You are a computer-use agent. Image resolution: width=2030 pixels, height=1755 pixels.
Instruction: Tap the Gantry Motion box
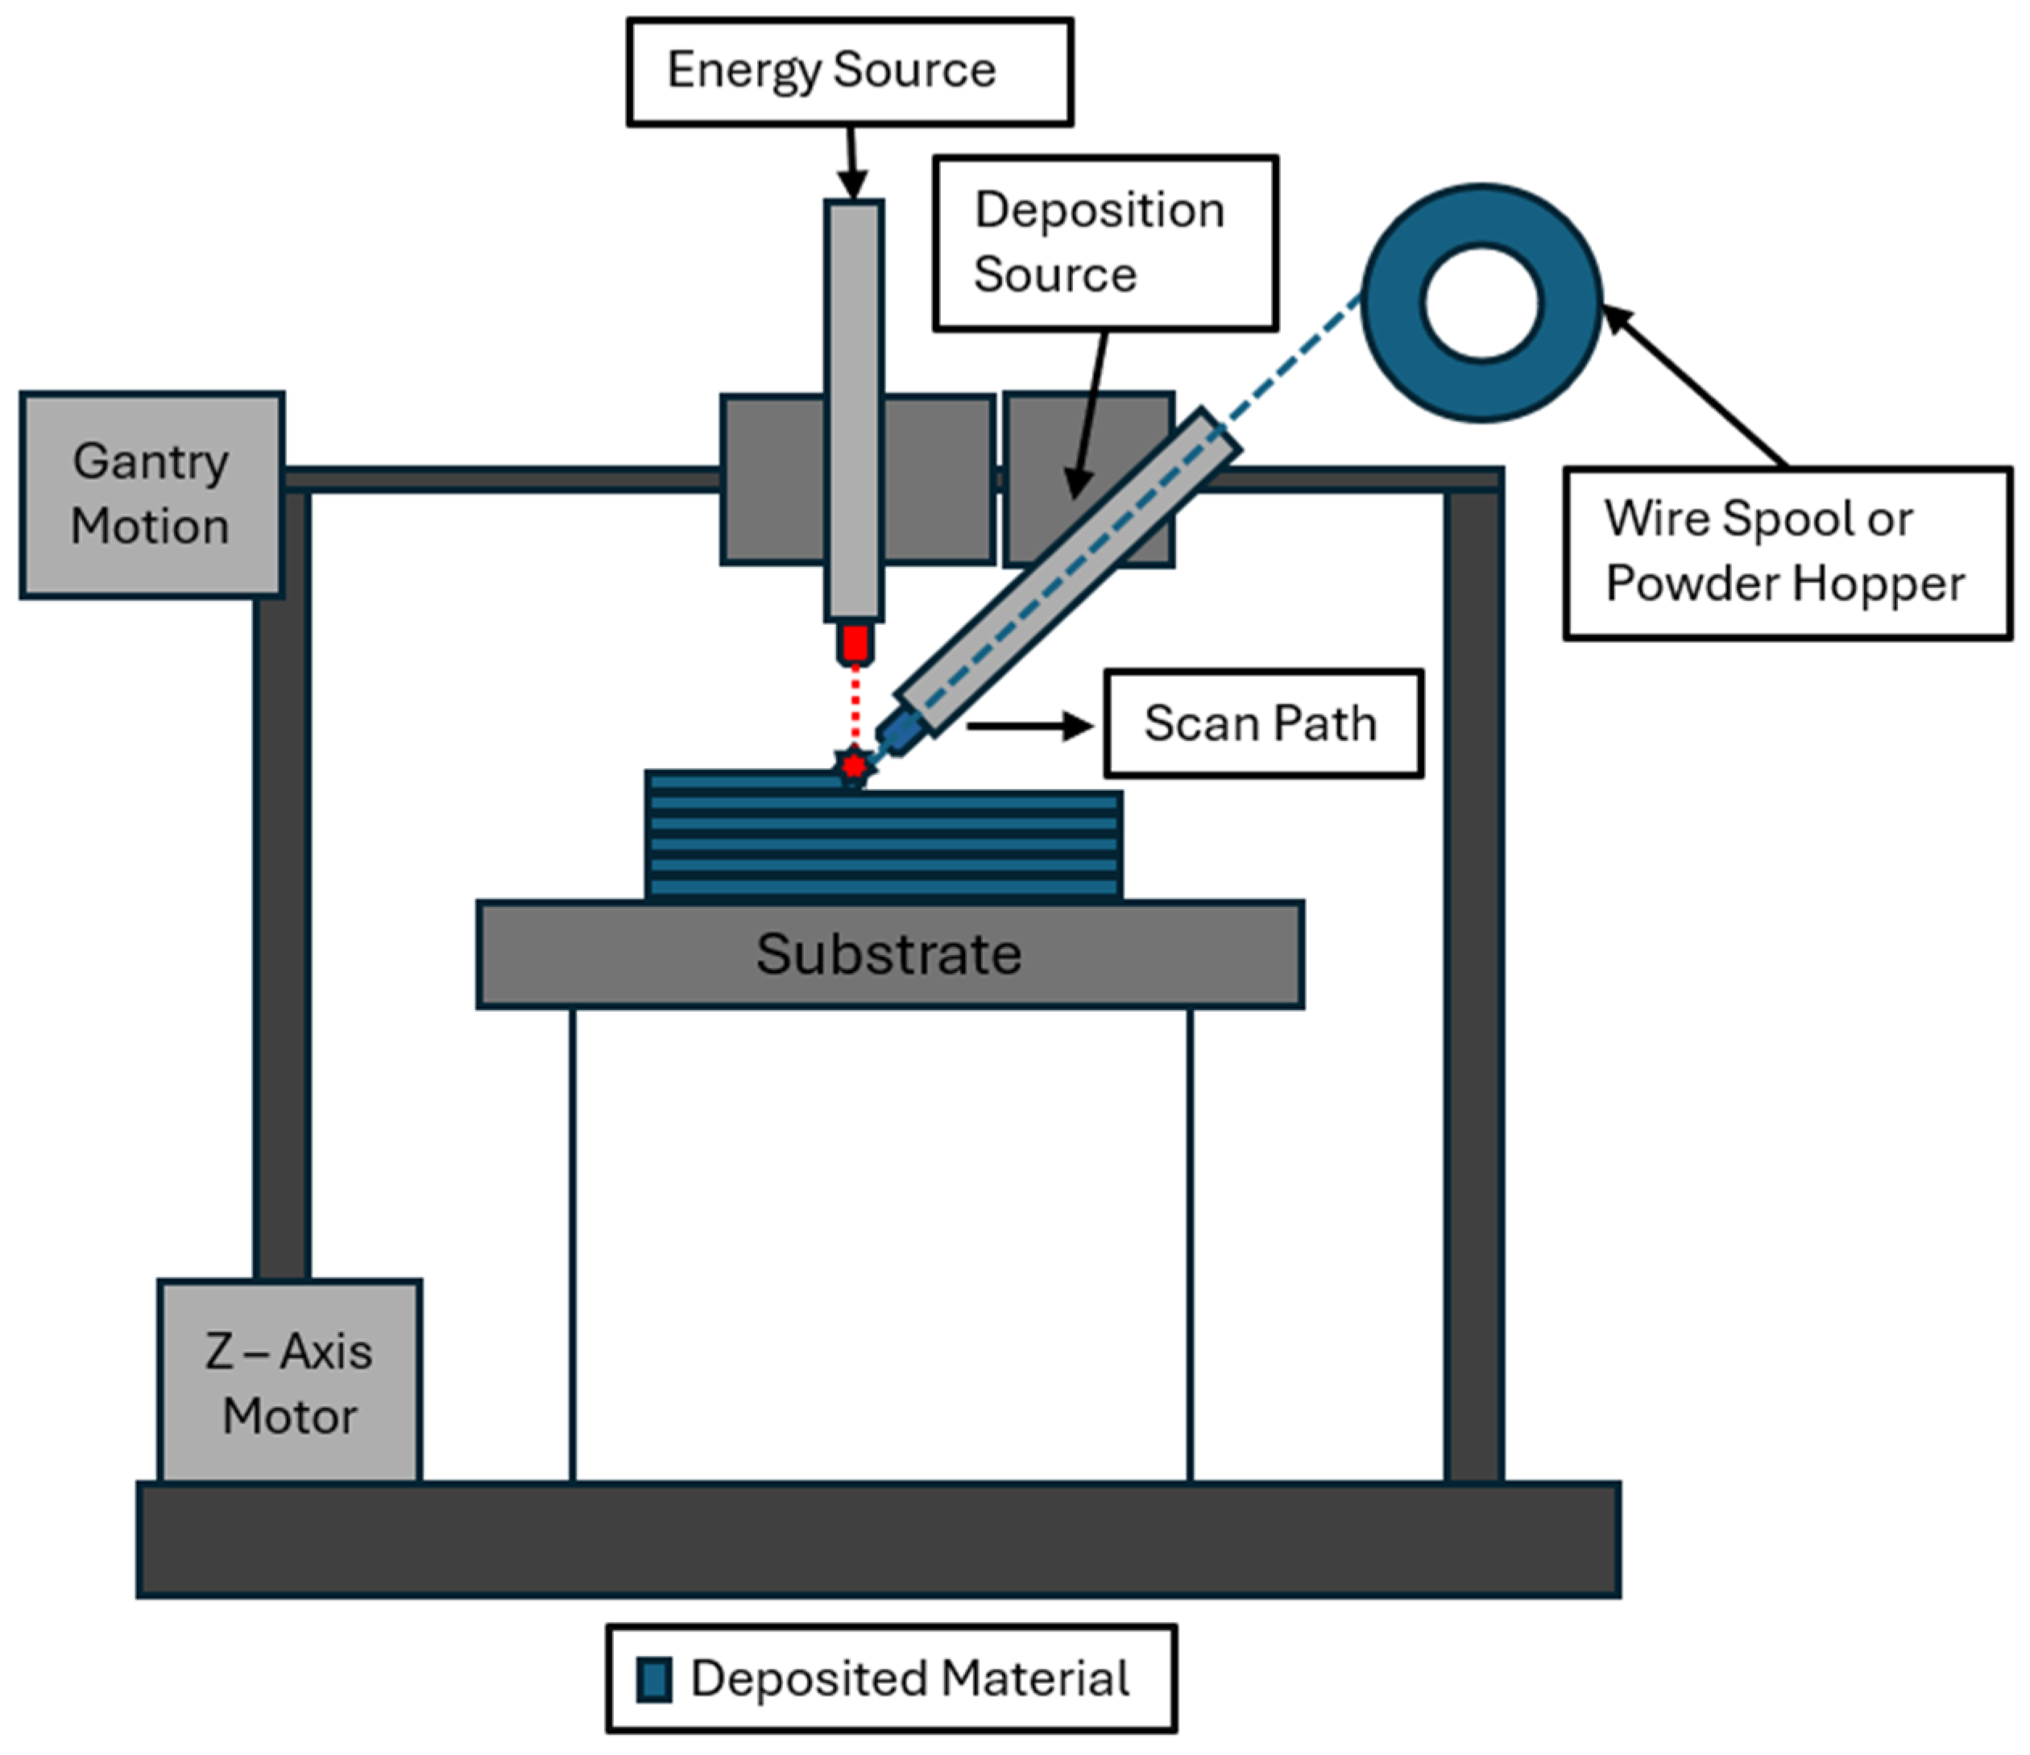(152, 495)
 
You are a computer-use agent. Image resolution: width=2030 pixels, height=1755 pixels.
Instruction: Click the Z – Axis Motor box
(290, 1382)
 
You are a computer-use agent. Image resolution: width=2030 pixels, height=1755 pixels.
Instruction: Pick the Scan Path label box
(1263, 724)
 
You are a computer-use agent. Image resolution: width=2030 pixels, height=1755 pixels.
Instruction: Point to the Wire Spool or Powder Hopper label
(1786, 553)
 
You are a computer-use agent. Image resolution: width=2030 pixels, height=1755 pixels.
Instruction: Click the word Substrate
(889, 954)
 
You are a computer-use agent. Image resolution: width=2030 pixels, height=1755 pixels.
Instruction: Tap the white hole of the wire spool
(1482, 303)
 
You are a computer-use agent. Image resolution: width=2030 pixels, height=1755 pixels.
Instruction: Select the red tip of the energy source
(855, 644)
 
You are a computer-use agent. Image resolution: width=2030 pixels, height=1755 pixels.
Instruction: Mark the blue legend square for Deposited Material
(653, 1679)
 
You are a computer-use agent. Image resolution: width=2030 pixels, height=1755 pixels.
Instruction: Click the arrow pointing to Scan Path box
(1029, 726)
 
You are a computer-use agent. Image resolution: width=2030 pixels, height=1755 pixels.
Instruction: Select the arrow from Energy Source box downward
(851, 163)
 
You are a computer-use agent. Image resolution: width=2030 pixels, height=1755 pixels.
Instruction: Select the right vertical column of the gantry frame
(1473, 979)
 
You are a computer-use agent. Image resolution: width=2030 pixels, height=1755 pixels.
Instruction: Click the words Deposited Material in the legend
(910, 1678)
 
